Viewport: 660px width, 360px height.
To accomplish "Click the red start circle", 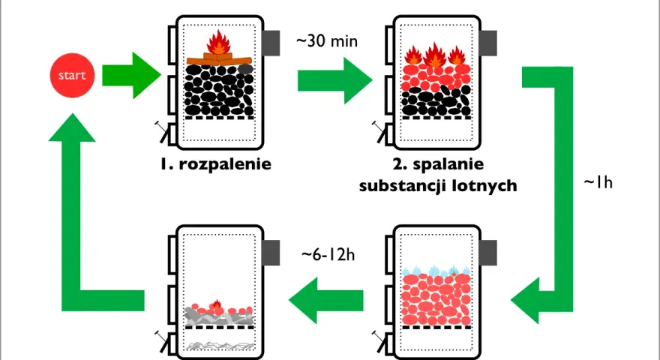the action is click(73, 75).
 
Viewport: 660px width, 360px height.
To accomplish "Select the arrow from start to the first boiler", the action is click(131, 75).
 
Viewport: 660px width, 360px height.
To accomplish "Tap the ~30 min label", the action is click(327, 41).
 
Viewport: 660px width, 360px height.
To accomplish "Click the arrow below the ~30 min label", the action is click(335, 80).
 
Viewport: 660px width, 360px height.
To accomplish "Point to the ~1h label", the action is click(598, 182).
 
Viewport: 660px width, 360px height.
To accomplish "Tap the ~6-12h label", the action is click(328, 254).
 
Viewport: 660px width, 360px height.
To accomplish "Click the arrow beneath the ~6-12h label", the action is click(326, 301).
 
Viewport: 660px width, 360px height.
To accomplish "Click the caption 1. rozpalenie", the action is click(216, 163).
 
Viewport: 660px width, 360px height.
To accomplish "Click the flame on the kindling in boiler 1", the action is click(218, 42).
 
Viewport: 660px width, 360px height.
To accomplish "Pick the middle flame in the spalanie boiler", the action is click(435, 55).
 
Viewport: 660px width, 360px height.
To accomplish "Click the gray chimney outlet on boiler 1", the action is click(271, 43).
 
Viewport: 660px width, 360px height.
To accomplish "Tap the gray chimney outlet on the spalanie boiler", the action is click(487, 43).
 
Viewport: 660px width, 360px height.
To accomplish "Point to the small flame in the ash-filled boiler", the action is click(217, 304).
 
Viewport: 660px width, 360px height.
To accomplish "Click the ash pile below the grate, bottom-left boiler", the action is click(220, 346).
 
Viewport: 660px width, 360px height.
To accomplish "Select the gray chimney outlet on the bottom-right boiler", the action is click(487, 253).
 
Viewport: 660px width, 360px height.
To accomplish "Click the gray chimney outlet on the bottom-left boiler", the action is click(271, 253).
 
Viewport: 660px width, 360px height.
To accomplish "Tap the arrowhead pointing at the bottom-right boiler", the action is click(525, 301).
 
